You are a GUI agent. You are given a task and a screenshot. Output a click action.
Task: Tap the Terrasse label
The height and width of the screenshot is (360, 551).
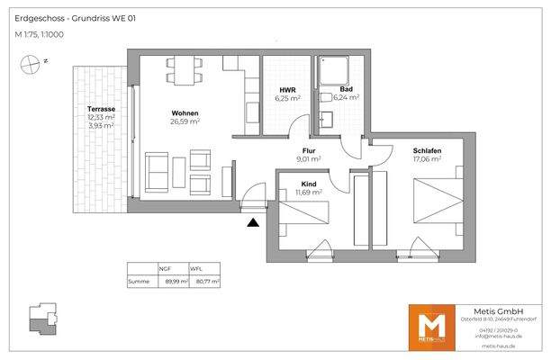(100, 109)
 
